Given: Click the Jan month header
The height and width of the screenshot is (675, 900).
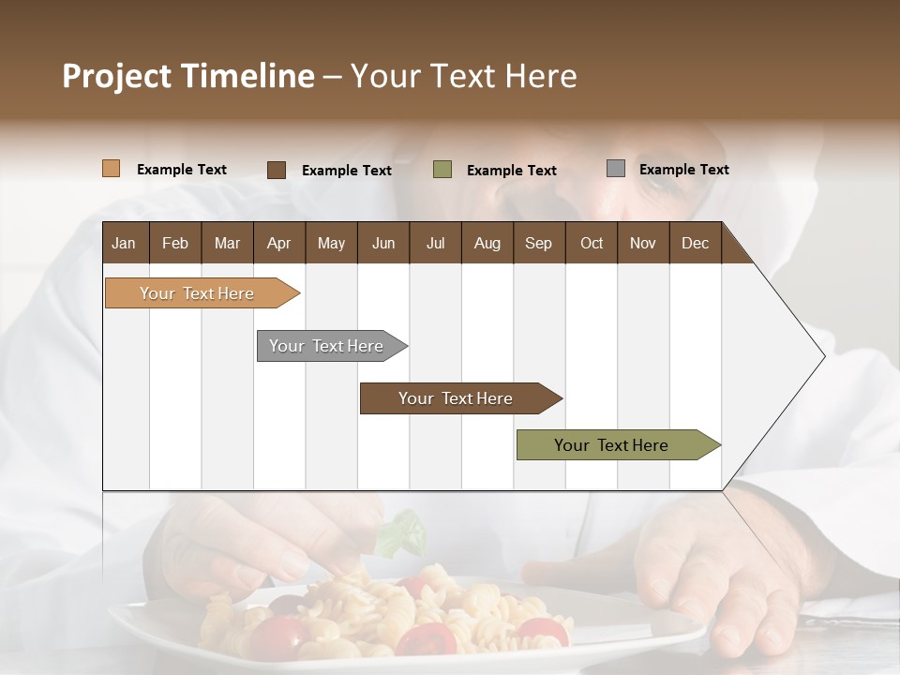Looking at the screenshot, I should (x=125, y=243).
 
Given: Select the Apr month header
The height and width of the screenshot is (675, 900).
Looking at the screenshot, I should (x=279, y=243).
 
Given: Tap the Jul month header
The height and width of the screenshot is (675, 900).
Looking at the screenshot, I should (x=435, y=243).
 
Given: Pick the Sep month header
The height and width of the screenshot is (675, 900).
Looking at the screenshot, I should (x=538, y=243).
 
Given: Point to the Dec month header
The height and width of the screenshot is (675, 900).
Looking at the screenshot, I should (x=695, y=243).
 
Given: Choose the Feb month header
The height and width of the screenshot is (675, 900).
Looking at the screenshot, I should (x=175, y=243).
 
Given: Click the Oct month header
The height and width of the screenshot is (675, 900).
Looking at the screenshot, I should (x=592, y=243).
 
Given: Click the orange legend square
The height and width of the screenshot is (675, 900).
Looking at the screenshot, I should (x=112, y=169).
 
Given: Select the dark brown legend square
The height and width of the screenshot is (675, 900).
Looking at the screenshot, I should (x=277, y=170).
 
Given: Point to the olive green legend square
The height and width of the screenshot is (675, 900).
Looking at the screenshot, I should (x=442, y=170).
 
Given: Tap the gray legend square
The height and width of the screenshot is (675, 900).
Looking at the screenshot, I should (x=616, y=169).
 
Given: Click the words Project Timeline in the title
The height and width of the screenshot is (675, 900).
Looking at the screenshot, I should (x=188, y=76).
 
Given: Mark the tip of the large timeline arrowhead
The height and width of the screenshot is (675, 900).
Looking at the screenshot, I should (x=823, y=356).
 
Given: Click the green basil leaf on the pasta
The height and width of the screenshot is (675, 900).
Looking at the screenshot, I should (x=403, y=532).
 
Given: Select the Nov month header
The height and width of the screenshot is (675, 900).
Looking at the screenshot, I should (x=643, y=243).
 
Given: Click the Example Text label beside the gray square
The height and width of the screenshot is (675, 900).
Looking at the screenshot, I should (x=683, y=170).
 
